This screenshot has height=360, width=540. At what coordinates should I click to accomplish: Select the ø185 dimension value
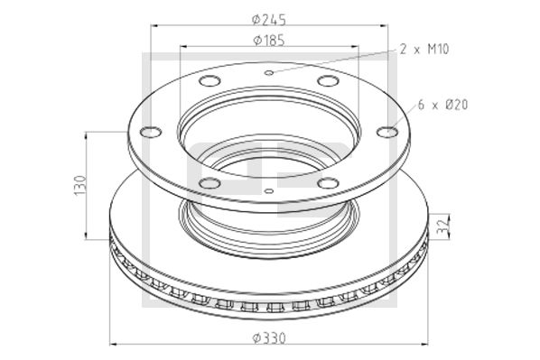coord(270,39)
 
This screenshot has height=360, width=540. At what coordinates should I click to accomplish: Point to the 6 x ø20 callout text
coord(442,106)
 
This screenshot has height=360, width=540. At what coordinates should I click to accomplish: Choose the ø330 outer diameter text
coord(270,337)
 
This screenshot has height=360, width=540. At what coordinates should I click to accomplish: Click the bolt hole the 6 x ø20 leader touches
coord(386,133)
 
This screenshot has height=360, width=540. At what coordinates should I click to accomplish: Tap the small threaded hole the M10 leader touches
coord(268,71)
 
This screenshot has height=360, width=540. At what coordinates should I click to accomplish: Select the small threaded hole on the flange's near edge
coord(269,190)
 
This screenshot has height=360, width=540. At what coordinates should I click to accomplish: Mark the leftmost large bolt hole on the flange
coord(150,133)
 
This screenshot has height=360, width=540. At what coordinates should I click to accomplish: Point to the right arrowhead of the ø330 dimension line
coord(426,344)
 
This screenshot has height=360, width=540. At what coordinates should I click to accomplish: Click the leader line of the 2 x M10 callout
coord(334,61)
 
